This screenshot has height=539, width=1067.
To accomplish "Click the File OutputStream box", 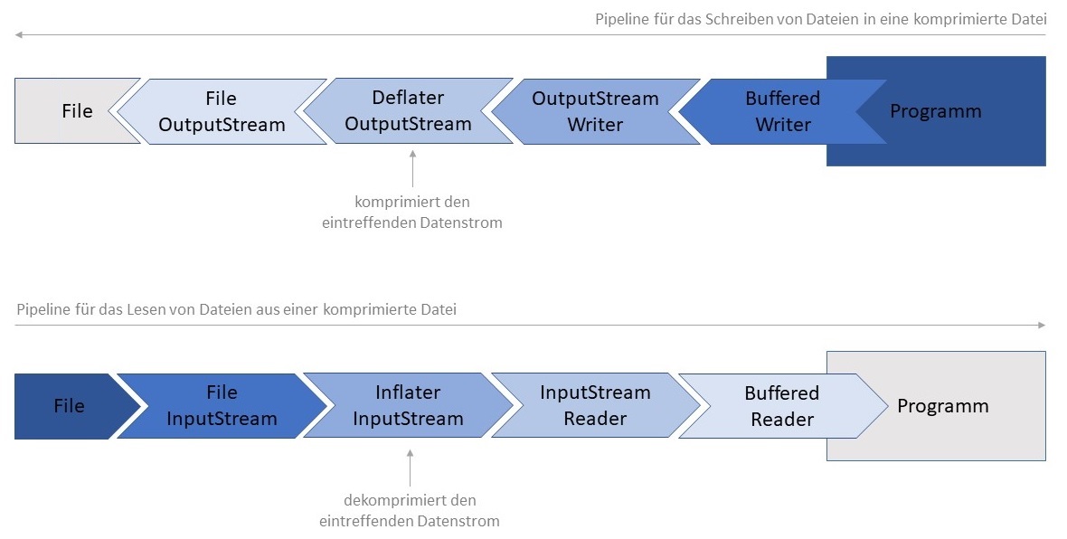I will pos(222,111).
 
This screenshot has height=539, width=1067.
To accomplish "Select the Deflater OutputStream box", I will pos(408,111).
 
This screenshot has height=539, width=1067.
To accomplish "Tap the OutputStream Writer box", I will pos(595,111).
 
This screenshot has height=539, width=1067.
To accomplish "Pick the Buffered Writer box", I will pos(782,111).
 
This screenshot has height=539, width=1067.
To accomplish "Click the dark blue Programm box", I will pos(949,112).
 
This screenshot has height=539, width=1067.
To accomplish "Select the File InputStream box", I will pos(222,406).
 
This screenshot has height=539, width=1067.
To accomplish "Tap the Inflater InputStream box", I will pos(408,406).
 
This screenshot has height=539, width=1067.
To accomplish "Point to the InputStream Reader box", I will pos(595,406).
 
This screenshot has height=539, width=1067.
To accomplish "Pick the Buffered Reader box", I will pos(782,406).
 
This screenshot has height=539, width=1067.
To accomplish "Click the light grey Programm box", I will pos(949,406).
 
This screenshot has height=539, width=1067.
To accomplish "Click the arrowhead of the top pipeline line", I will pos(18,34).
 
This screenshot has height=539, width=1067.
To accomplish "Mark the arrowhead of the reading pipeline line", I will pos(1042,325).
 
